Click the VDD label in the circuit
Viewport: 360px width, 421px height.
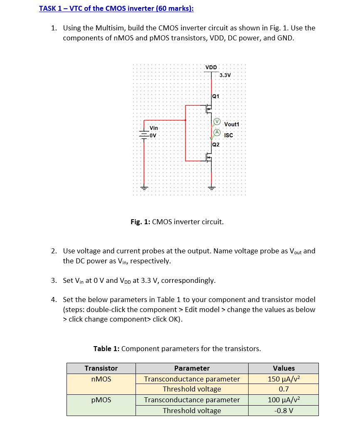211,67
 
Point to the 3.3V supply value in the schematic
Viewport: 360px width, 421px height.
224,75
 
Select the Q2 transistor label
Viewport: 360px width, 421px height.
215,145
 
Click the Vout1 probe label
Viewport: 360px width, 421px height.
232,124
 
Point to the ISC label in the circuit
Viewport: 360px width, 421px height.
229,135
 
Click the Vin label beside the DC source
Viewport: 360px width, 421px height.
154,128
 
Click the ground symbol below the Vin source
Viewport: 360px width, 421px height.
144,187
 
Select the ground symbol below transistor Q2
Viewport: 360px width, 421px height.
211,187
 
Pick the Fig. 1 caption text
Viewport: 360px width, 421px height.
177,222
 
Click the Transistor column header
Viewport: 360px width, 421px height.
101,368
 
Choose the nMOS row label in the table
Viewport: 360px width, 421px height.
101,379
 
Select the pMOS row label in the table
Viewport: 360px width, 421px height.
101,400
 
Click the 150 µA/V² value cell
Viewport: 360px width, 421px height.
284,379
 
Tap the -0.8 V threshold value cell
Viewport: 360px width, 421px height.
284,411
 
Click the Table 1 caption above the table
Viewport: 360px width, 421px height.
177,349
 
